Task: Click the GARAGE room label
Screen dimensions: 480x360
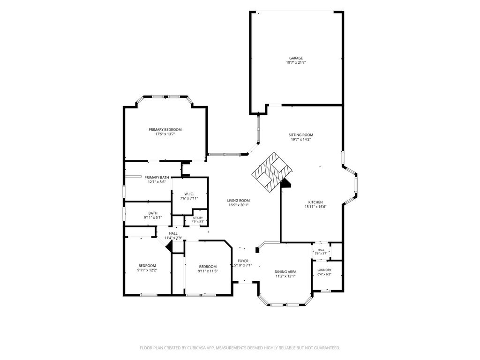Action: point(296,58)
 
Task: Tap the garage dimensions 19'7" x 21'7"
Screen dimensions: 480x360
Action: point(296,62)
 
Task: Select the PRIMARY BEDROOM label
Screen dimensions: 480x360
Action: point(165,129)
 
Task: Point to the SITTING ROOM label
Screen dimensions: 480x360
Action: point(300,135)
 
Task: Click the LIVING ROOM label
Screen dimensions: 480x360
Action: point(239,201)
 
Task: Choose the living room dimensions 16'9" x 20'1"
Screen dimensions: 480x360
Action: point(239,205)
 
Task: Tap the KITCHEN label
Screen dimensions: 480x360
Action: point(315,202)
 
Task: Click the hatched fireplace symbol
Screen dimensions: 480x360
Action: point(272,172)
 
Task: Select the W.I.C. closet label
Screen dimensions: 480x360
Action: point(189,194)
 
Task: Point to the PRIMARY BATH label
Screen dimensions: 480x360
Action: point(157,177)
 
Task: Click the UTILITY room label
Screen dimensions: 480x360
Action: point(198,217)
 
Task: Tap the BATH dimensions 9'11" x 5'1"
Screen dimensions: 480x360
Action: point(153,217)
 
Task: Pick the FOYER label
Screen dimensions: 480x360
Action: point(243,261)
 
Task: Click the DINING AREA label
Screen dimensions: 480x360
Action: point(285,271)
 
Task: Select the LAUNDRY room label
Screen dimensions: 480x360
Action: point(324,270)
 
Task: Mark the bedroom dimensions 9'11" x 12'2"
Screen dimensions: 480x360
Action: point(147,270)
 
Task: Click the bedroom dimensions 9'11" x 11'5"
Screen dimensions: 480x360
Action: point(208,271)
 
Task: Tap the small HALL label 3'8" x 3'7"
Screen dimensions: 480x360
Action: point(321,252)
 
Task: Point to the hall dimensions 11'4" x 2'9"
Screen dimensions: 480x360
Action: point(173,238)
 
